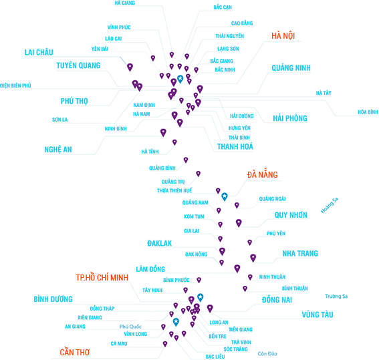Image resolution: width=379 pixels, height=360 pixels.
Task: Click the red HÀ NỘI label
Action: point(283,36)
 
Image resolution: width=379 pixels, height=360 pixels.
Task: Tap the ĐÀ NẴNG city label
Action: point(262,174)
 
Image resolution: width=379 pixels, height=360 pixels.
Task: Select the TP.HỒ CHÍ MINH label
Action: point(102,277)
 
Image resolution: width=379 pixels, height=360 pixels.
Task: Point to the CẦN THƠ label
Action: point(75,352)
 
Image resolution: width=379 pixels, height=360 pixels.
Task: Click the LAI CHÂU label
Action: point(39,52)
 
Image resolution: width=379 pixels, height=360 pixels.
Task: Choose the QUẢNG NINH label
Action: point(291,68)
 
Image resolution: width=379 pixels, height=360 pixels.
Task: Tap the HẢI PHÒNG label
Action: point(290,118)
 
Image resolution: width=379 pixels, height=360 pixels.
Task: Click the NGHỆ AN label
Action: point(58,150)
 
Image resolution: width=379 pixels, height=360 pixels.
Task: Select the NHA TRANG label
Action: point(300,254)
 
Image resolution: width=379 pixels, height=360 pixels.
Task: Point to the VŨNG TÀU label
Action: point(318,315)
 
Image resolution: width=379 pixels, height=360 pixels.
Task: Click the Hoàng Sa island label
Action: point(330,206)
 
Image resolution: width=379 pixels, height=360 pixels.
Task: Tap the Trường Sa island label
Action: point(336,297)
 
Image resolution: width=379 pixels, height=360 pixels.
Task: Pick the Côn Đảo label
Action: point(267,354)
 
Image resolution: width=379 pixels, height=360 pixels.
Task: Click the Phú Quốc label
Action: point(130,327)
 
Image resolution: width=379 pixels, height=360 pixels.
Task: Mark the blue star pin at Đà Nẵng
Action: point(225,196)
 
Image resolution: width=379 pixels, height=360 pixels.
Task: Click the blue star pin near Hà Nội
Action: point(180,79)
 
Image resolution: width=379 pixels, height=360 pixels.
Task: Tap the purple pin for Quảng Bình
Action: point(186,160)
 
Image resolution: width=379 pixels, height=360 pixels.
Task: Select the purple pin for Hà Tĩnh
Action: point(174,142)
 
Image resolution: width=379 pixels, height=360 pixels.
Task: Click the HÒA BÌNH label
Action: point(368,112)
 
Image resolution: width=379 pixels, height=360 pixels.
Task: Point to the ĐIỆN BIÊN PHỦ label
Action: point(15,85)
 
